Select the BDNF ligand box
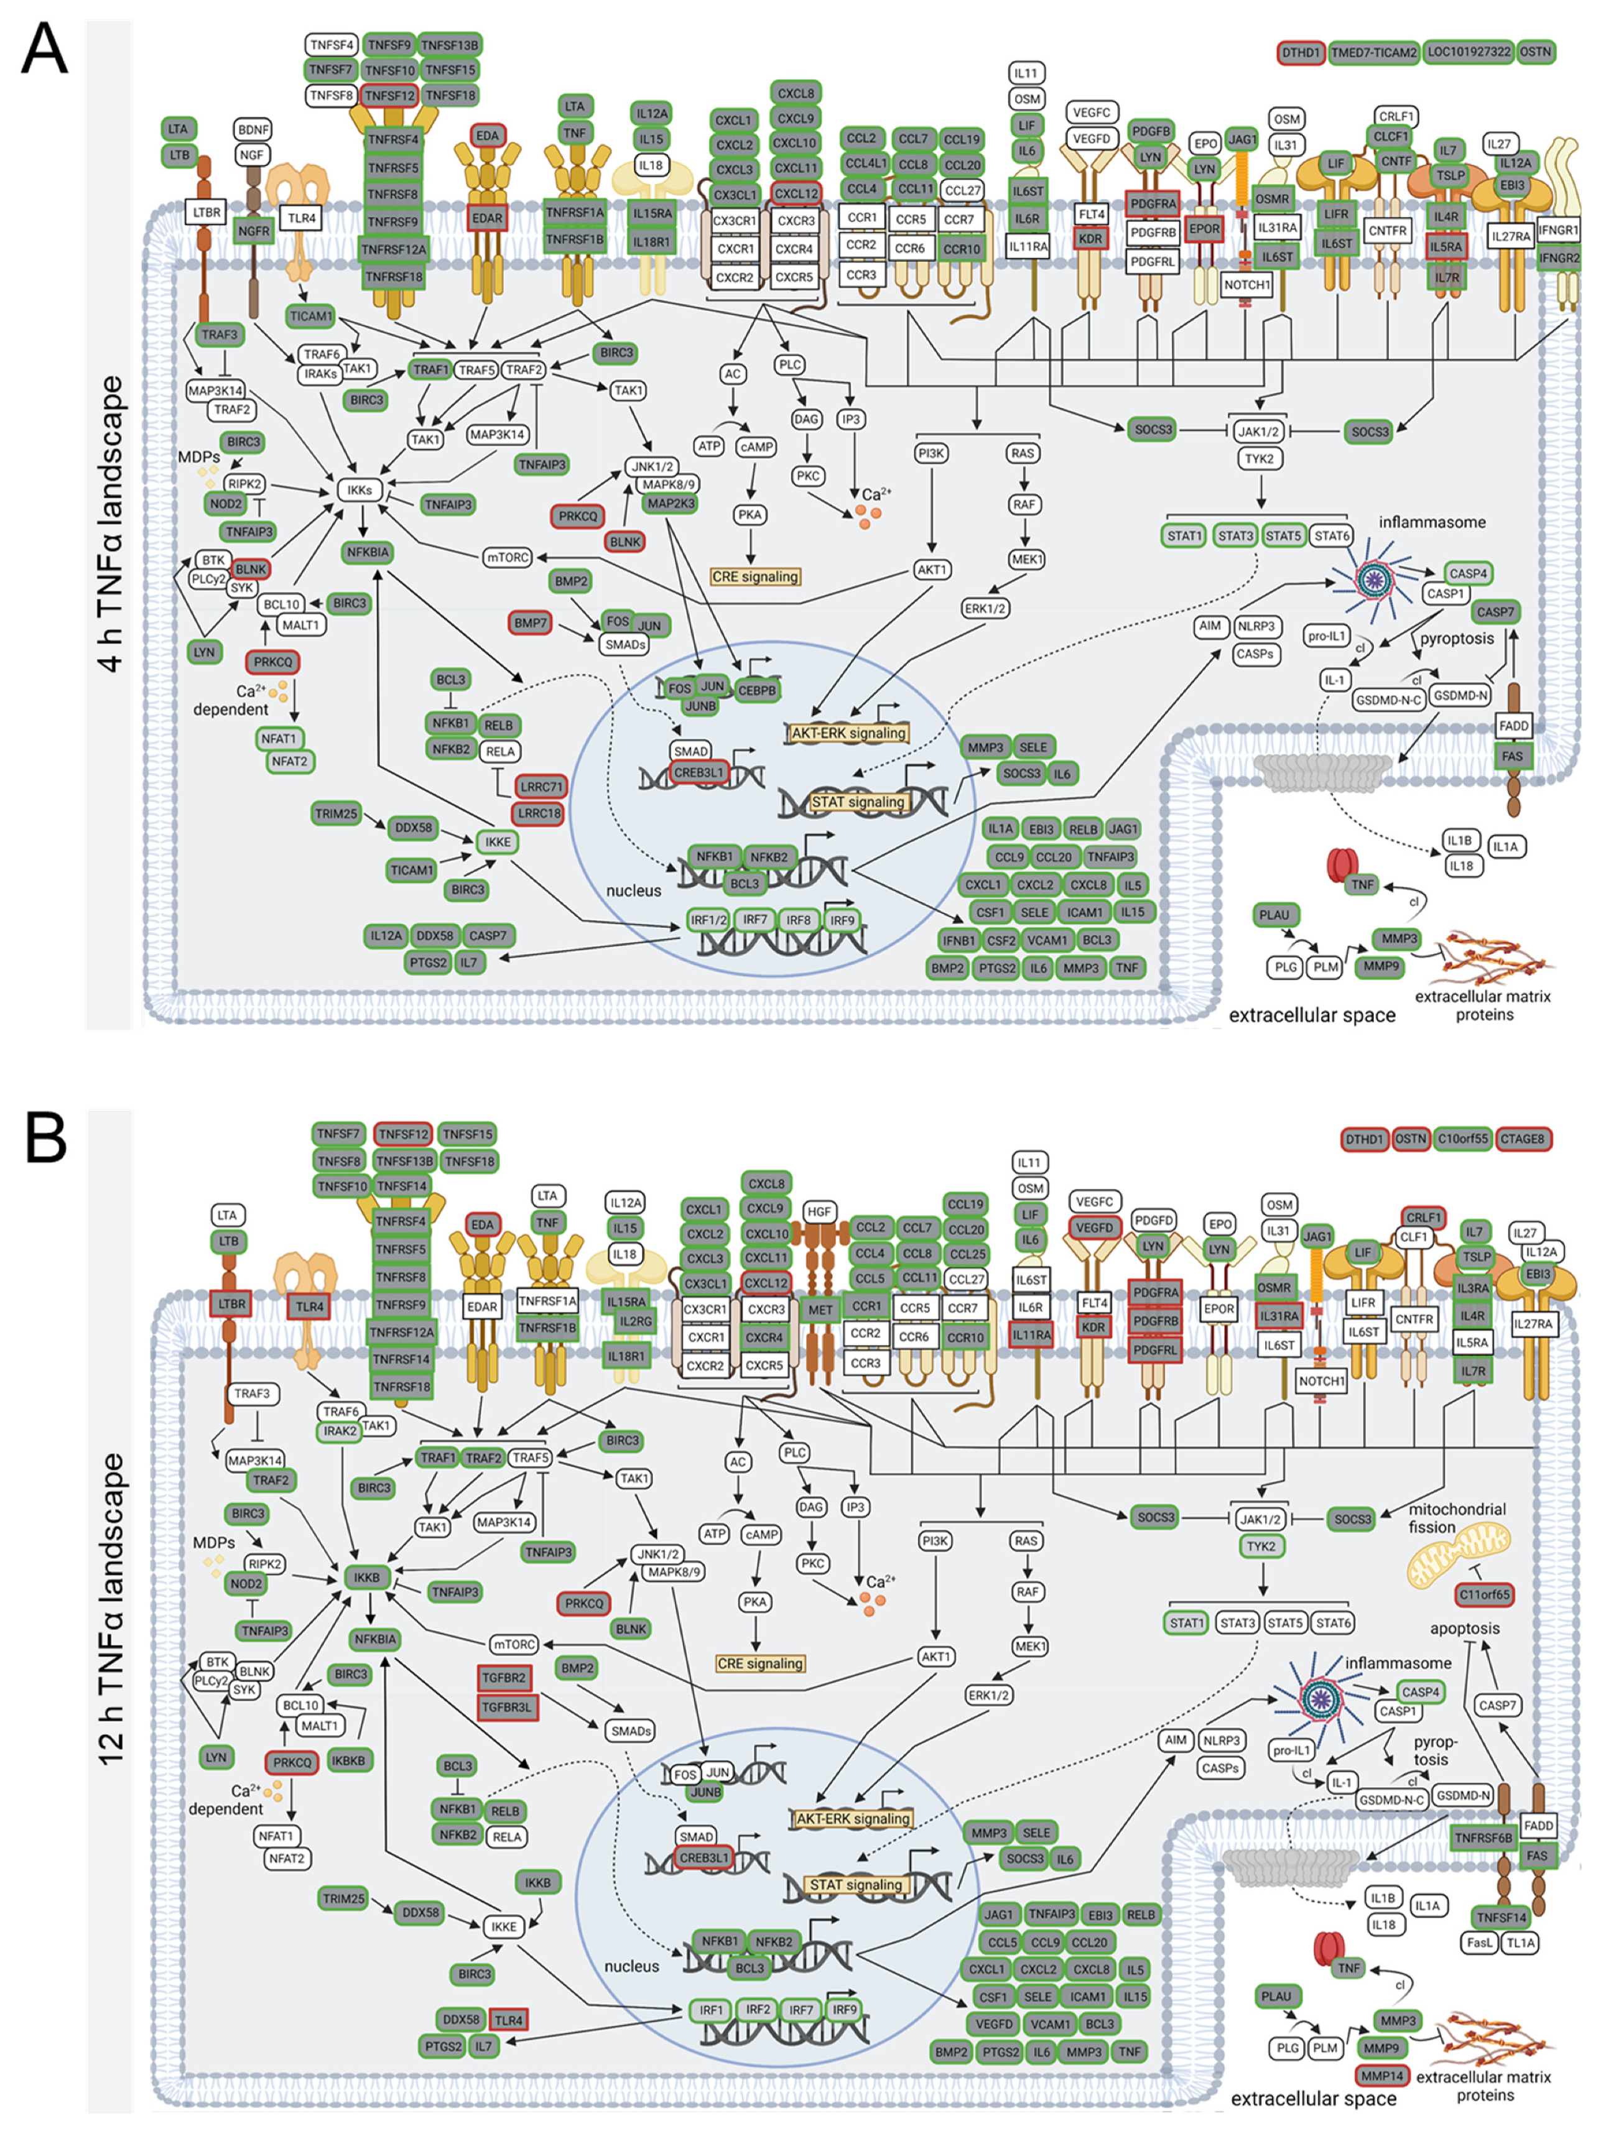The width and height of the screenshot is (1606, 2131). tap(253, 129)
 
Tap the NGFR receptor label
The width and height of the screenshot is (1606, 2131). tap(253, 231)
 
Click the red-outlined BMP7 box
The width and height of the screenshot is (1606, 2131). tap(530, 622)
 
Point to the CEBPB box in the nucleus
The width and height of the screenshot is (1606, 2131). tap(757, 690)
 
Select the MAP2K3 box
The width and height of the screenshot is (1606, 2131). tap(671, 503)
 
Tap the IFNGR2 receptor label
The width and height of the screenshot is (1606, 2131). tap(1559, 257)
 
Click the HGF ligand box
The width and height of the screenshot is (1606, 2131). tap(819, 1212)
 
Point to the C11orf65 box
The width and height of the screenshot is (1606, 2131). tap(1483, 1594)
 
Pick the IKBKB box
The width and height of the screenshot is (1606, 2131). tap(348, 1760)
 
